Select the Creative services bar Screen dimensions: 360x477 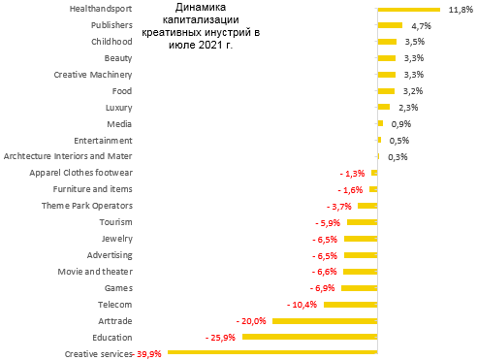[x=271, y=353]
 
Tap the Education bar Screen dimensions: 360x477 [x=309, y=337]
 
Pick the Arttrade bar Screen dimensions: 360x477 [x=324, y=320]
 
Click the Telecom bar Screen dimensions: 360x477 [x=350, y=304]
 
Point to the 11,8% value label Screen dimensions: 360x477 [x=459, y=10]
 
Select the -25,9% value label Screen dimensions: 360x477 [x=221, y=337]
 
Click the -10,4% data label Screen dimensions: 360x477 [x=302, y=304]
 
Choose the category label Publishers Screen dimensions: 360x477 [x=111, y=24]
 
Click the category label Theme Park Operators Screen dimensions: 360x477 [x=87, y=206]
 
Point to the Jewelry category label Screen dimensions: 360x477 [x=116, y=239]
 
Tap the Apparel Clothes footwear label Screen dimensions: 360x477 [x=81, y=173]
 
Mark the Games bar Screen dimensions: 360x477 [x=359, y=287]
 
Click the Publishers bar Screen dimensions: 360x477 [x=390, y=25]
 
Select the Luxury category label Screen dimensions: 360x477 [x=118, y=107]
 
